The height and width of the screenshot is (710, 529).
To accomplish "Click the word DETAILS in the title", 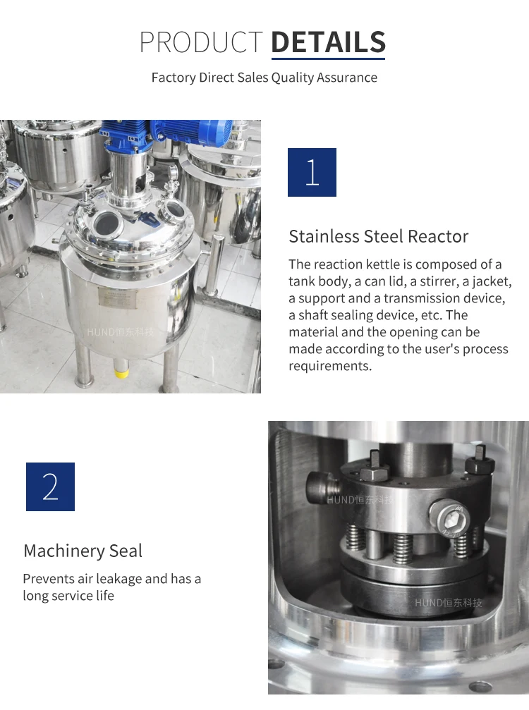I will click(x=328, y=42).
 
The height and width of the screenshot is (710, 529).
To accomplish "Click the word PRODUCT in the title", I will click(x=201, y=42).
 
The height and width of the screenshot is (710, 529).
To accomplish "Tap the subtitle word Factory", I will click(x=174, y=78).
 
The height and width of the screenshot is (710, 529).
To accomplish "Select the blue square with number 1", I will click(x=312, y=172).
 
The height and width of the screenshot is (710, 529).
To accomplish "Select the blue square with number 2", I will click(x=50, y=486).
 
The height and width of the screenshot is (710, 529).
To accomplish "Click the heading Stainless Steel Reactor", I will click(x=378, y=236).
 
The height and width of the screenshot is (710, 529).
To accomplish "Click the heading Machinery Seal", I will click(x=83, y=551).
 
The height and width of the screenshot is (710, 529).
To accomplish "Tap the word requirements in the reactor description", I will click(x=329, y=366).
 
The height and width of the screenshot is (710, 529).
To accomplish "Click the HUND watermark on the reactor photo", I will click(x=119, y=331).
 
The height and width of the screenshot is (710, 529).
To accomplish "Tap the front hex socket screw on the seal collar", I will click(x=449, y=520).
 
